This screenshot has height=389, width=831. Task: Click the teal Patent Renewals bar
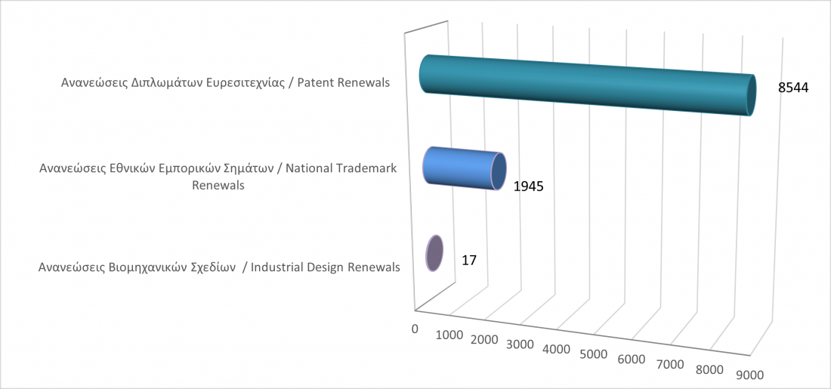point(587,85)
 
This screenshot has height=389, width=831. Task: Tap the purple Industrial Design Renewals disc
point(434,253)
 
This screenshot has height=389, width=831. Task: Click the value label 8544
point(792,88)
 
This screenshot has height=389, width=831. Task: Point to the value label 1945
point(529,187)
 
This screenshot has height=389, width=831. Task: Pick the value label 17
point(470,261)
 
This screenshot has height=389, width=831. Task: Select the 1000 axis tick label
point(449,335)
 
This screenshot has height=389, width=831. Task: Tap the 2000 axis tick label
point(483,340)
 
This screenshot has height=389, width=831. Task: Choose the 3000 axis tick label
point(520,344)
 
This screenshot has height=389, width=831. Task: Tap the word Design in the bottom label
point(325,268)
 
